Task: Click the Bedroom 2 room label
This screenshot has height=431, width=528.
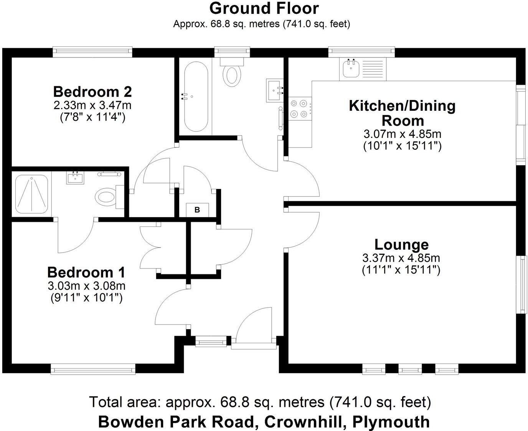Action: [x=92, y=92]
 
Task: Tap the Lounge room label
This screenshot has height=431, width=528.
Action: [x=401, y=244]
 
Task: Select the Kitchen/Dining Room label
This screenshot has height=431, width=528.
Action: [x=402, y=113]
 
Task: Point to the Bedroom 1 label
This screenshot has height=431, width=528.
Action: [x=86, y=272]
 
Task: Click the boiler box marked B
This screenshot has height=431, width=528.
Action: [x=197, y=210]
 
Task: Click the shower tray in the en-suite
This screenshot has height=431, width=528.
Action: [x=31, y=193]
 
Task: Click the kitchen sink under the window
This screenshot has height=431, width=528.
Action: [x=351, y=69]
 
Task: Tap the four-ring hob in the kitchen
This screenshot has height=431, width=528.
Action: [x=300, y=108]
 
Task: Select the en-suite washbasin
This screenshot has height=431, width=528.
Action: [x=75, y=177]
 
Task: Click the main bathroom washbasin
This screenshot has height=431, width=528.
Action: [x=275, y=90]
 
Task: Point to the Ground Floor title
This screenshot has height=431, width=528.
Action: [x=264, y=8]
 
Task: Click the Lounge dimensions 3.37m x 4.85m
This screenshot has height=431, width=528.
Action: [x=401, y=258]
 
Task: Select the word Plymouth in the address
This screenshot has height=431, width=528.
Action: [x=391, y=422]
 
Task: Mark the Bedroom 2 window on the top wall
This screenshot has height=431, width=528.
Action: [x=92, y=51]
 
